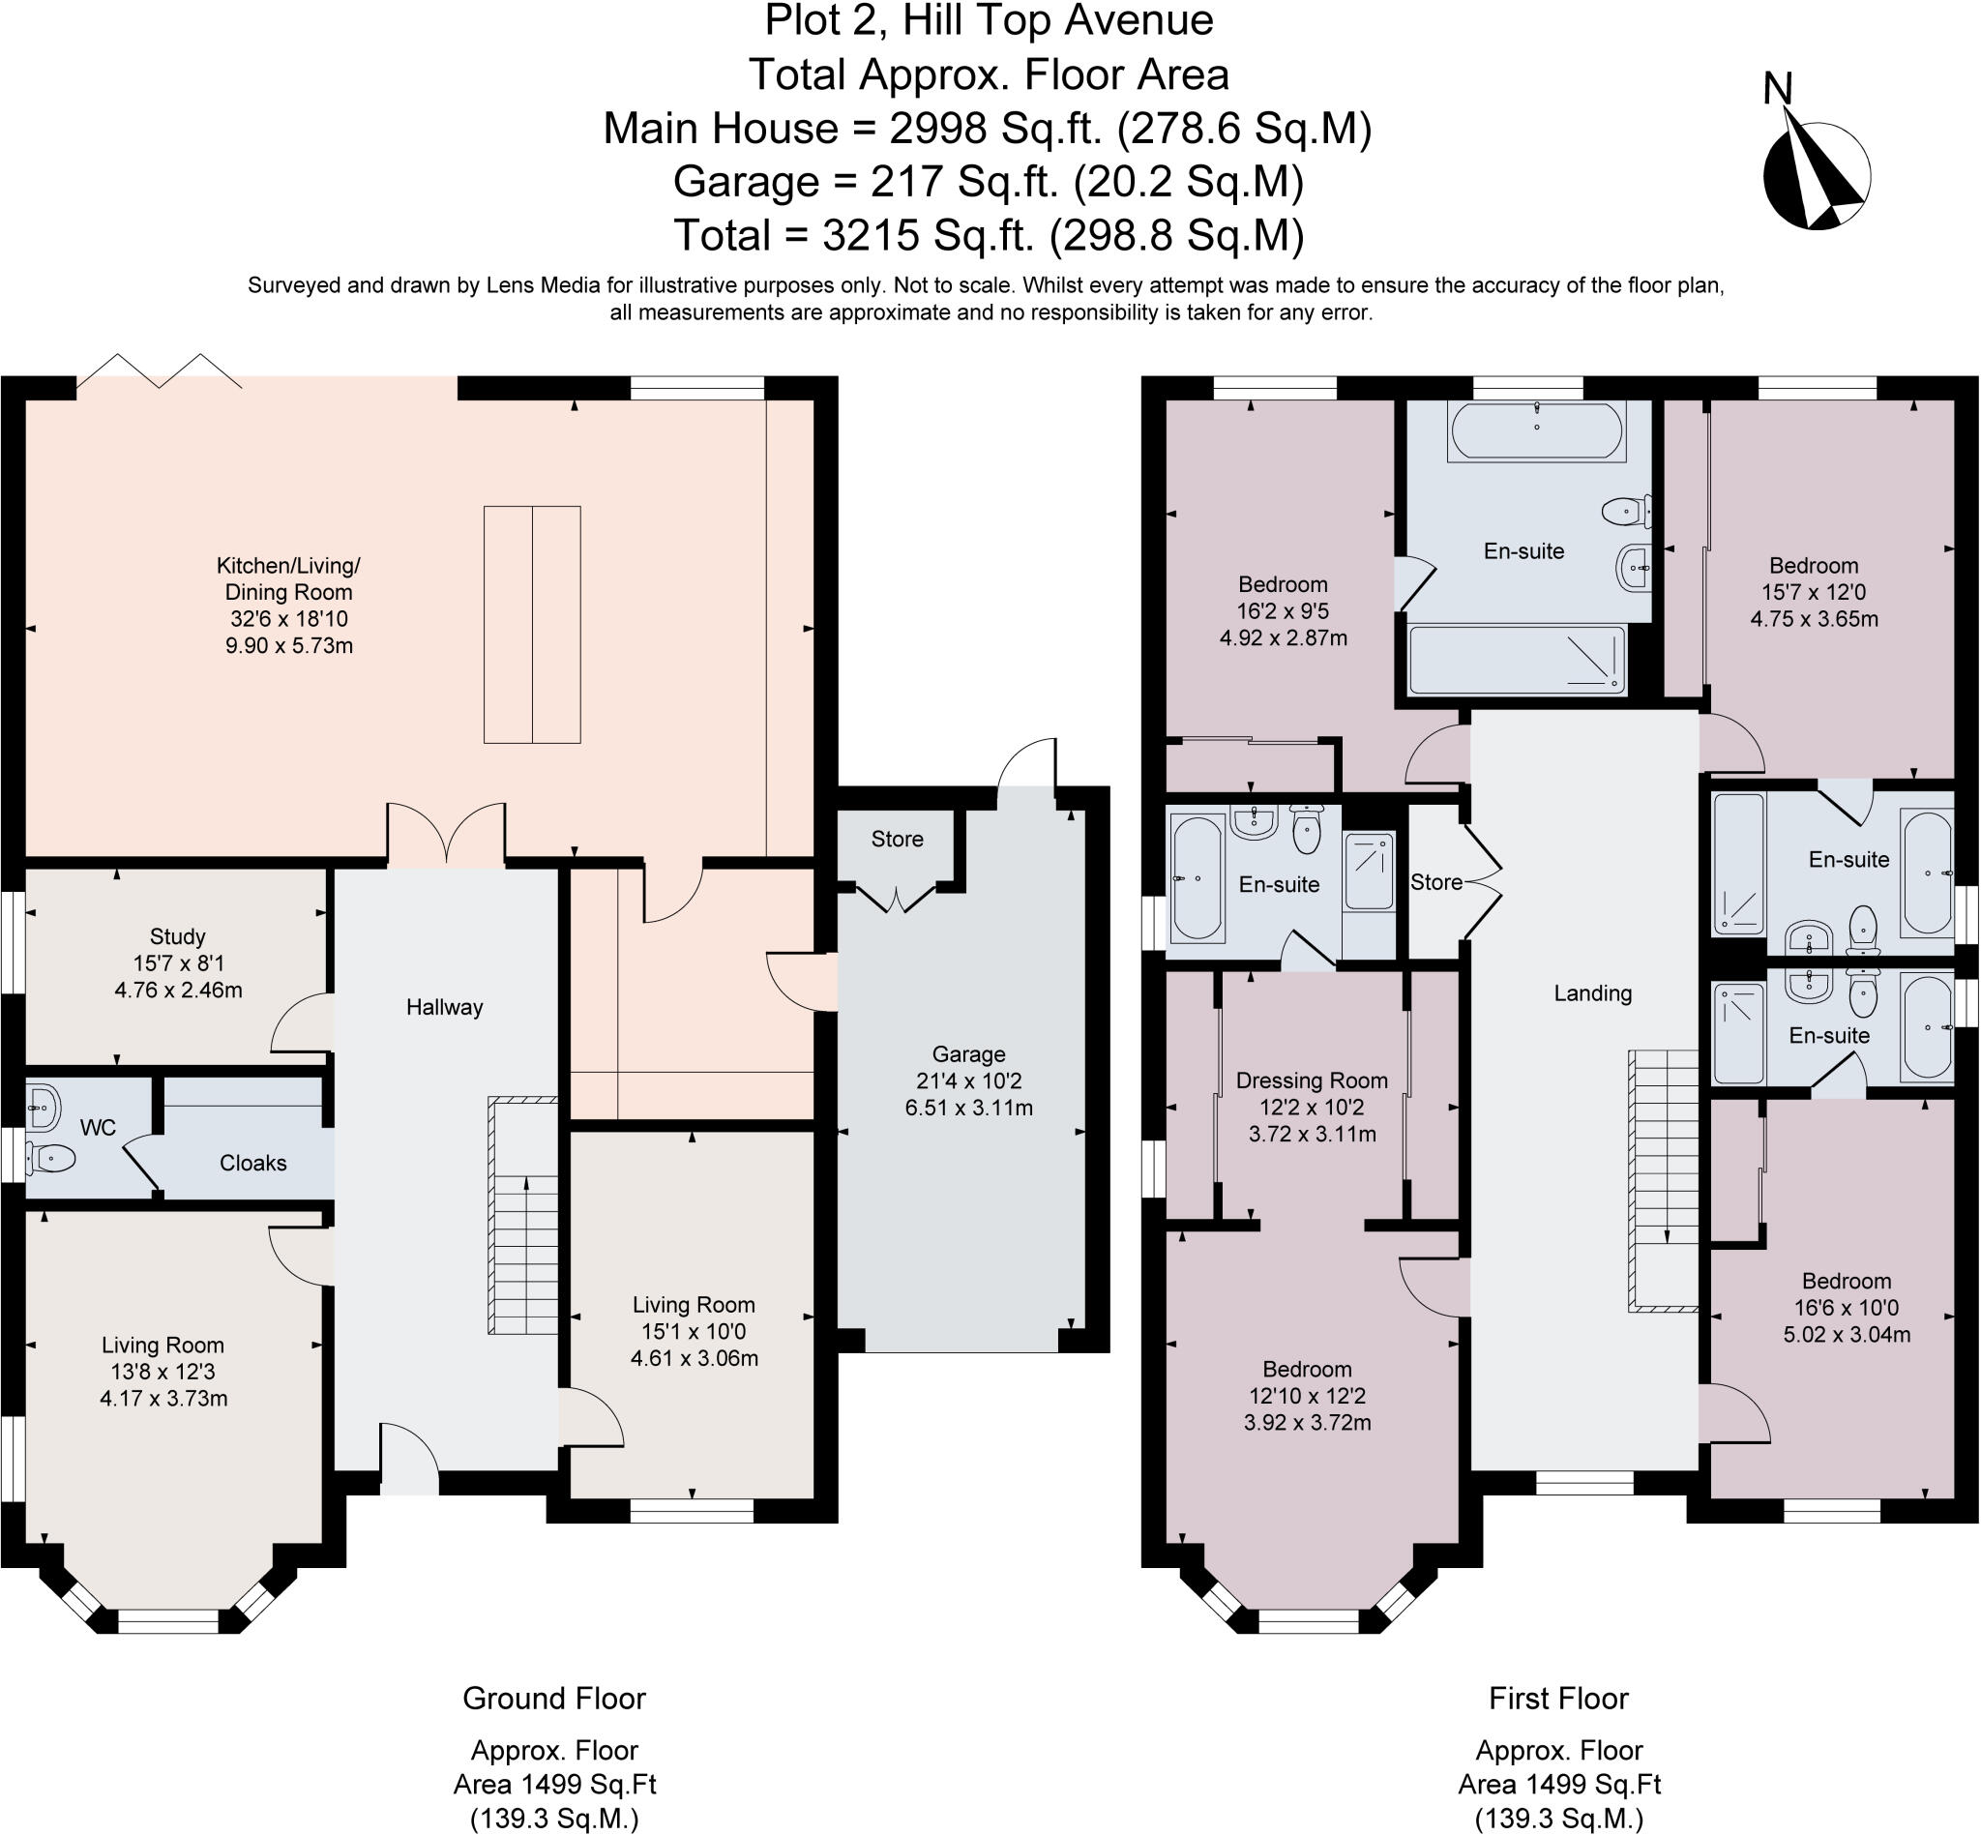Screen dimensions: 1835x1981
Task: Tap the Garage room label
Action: (x=968, y=1054)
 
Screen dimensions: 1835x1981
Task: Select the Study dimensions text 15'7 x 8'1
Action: (x=178, y=963)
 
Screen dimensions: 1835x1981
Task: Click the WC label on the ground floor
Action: (x=98, y=1128)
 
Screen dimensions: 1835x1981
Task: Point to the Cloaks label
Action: (x=252, y=1163)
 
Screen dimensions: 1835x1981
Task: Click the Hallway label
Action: (x=444, y=1007)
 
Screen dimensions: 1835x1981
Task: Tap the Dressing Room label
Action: (x=1311, y=1080)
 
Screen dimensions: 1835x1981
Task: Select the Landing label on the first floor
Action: (x=1592, y=993)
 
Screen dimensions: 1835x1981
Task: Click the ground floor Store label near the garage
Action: (x=897, y=839)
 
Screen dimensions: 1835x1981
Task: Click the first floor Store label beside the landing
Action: (x=1435, y=882)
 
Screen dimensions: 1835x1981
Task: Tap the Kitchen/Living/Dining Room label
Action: (x=288, y=578)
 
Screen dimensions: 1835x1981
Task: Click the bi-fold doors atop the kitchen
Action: (x=159, y=370)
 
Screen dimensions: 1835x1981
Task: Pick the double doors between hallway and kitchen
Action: (x=446, y=834)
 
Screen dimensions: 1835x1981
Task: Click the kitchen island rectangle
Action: (x=532, y=625)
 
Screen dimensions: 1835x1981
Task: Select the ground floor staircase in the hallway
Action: (x=523, y=1215)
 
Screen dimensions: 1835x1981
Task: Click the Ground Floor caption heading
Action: (x=554, y=1698)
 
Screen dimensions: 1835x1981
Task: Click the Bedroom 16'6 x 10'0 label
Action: (x=1846, y=1281)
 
